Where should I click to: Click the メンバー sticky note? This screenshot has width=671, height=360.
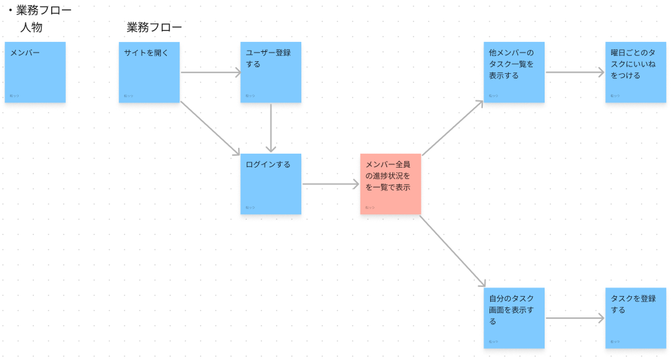[35, 72]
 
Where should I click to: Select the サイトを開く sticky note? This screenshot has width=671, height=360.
[149, 72]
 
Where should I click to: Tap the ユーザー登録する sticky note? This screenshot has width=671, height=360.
[271, 72]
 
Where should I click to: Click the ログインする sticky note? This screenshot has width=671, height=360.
[271, 184]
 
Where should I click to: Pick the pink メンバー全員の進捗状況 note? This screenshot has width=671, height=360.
[390, 184]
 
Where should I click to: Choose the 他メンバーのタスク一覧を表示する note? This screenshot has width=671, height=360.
[513, 72]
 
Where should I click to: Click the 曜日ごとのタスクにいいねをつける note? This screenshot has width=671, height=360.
[635, 72]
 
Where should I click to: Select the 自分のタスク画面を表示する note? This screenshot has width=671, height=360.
[513, 317]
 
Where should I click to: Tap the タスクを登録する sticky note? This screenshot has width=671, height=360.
[635, 317]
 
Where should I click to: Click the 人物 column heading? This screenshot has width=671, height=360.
[31, 28]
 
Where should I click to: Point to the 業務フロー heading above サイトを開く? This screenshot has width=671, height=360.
[154, 28]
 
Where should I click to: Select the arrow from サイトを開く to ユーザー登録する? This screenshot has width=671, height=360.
[210, 72]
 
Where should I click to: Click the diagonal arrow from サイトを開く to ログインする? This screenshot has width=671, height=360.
[209, 128]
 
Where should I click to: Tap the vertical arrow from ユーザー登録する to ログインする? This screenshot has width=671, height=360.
[271, 128]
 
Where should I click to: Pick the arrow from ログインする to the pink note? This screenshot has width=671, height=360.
[331, 184]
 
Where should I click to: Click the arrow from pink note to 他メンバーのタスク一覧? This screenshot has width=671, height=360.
[452, 128]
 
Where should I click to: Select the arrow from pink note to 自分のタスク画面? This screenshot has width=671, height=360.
[452, 251]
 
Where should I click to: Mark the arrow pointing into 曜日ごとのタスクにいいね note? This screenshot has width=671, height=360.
[575, 72]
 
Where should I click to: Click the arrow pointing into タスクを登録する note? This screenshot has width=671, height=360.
[575, 318]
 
